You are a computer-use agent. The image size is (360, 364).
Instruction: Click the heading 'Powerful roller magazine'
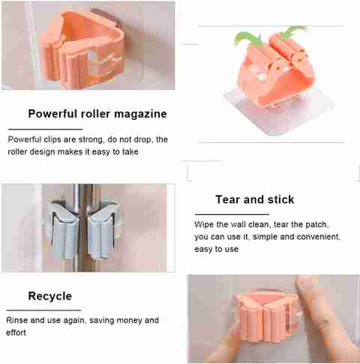pyautogui.click(x=97, y=114)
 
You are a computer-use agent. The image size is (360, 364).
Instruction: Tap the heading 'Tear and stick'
pyautogui.click(x=255, y=199)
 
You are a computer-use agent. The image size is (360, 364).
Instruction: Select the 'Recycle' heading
pyautogui.click(x=50, y=297)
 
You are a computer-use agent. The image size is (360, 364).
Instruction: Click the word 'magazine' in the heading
pyautogui.click(x=141, y=114)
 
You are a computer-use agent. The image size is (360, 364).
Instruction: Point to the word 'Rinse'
pyautogui.click(x=16, y=320)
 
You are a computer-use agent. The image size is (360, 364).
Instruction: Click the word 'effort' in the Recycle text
pyautogui.click(x=16, y=333)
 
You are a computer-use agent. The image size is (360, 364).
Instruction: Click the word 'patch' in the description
pyautogui.click(x=317, y=225)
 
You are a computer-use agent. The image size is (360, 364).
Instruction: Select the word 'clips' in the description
pyautogui.click(x=52, y=139)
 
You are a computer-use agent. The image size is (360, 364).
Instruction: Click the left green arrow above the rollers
pyautogui.click(x=247, y=40)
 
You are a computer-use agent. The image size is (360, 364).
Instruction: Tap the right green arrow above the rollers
pyautogui.click(x=292, y=31)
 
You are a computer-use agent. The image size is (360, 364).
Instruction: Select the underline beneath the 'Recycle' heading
pyautogui.click(x=43, y=310)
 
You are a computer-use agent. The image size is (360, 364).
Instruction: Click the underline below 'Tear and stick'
pyautogui.click(x=232, y=214)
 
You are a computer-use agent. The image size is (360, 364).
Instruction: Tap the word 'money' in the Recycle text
pyautogui.click(x=130, y=321)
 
